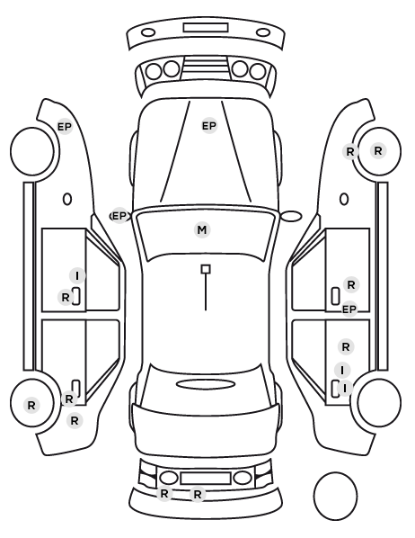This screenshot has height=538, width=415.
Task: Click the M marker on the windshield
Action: [202, 229]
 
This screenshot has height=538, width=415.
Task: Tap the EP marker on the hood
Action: [209, 126]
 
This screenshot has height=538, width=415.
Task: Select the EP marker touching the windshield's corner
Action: [119, 216]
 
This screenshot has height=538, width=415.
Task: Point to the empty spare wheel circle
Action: [335, 496]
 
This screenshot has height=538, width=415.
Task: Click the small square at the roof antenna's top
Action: [206, 269]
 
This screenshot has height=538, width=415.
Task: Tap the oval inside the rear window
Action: [206, 384]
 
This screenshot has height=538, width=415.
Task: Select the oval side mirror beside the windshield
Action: [291, 216]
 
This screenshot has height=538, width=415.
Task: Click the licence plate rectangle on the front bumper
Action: [206, 28]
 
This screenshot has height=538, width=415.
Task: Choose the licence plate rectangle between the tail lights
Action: [206, 479]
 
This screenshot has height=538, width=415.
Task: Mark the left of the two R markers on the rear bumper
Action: [164, 494]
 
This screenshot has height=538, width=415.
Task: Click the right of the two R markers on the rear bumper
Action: [198, 495]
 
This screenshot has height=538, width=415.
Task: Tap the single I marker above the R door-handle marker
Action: [77, 275]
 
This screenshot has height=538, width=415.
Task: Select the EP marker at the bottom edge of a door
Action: [349, 309]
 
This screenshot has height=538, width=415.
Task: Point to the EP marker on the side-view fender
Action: [65, 127]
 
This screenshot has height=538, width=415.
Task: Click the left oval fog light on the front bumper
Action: [148, 33]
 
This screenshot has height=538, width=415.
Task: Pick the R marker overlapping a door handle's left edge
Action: [66, 298]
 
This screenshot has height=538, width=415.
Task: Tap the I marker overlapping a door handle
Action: [345, 388]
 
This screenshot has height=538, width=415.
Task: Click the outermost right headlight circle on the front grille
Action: [258, 72]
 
